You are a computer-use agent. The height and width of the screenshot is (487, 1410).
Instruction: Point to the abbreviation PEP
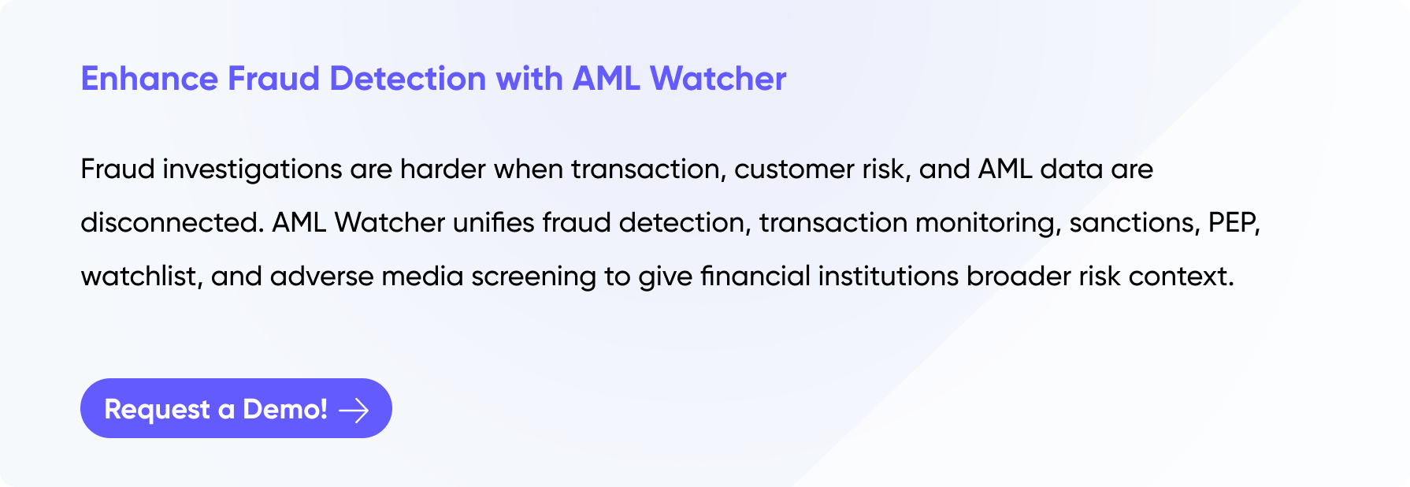click(1234, 224)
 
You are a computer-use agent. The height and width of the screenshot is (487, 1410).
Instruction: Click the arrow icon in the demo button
click(354, 410)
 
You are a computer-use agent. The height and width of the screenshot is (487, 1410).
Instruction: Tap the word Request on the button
click(158, 410)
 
